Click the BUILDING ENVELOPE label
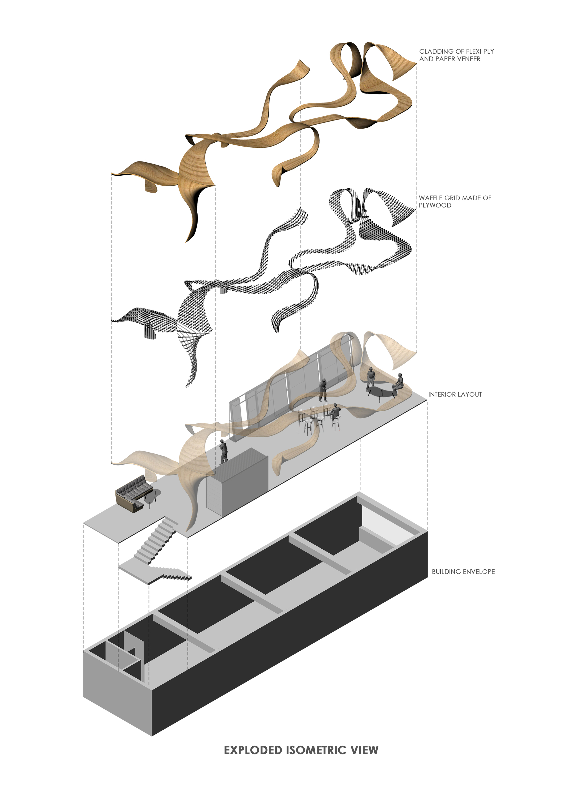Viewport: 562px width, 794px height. pyautogui.click(x=463, y=572)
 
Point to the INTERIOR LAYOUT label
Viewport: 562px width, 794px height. pyautogui.click(x=455, y=394)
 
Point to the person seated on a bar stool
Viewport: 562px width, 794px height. pyautogui.click(x=335, y=412)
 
